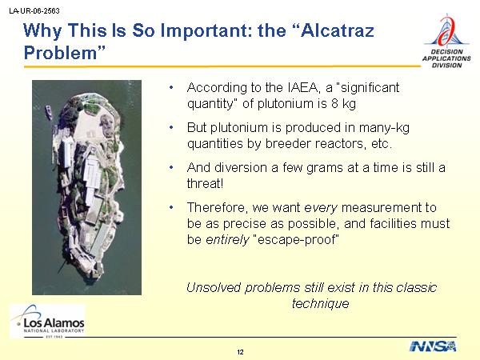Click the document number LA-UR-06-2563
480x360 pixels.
point(34,11)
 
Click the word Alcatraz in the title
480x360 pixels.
point(338,30)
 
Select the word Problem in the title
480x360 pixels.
point(61,53)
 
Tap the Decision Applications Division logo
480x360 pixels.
point(446,41)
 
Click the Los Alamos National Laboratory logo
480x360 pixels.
point(47,321)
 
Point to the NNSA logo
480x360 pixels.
point(433,346)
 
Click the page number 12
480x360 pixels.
point(240,352)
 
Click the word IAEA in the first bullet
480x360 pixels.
point(304,87)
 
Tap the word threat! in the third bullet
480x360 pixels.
point(205,184)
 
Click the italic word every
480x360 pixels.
point(321,208)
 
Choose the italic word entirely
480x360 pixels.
point(227,239)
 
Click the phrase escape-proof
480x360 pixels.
point(297,239)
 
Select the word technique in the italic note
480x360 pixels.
point(321,304)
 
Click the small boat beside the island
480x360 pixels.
point(49,112)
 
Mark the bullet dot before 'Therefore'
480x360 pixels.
point(171,208)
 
